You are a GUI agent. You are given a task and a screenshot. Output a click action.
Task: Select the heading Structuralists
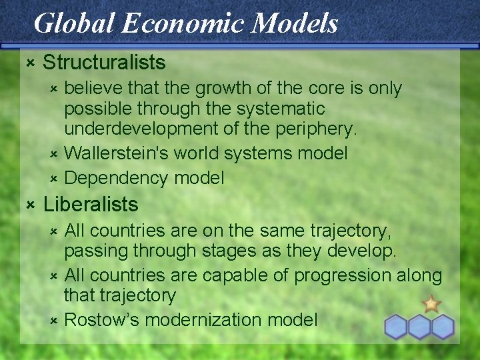(104, 63)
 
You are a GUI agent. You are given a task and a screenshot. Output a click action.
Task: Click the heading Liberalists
(91, 205)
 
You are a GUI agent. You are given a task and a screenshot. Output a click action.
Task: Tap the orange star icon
(431, 304)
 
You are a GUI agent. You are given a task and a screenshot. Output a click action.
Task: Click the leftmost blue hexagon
(397, 327)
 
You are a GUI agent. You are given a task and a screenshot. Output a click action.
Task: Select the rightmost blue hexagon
(442, 327)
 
